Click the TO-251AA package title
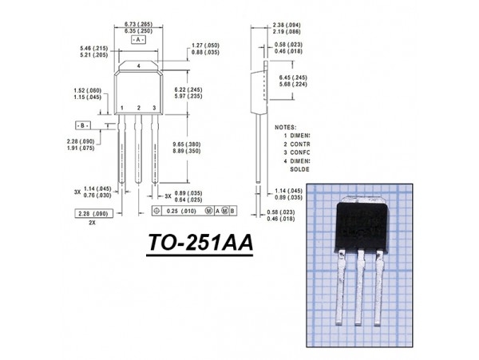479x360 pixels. click(200, 243)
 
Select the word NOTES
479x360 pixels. click(285, 127)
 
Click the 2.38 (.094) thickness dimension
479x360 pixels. click(286, 26)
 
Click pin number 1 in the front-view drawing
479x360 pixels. click(121, 107)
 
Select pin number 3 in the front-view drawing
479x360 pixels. click(154, 107)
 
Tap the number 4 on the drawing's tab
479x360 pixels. click(138, 65)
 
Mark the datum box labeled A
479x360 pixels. click(139, 39)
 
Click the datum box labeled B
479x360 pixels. click(82, 127)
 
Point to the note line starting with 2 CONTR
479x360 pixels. click(296, 144)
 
